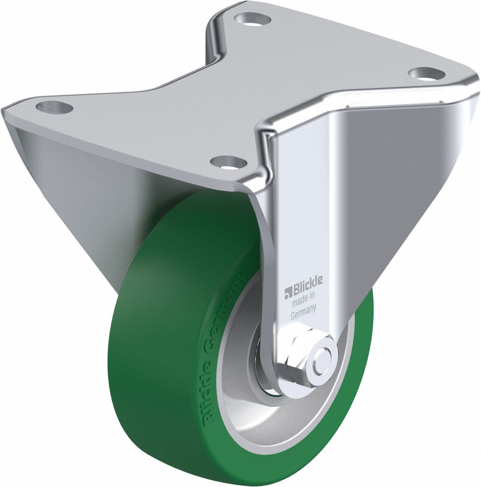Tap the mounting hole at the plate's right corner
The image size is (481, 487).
[x=426, y=73]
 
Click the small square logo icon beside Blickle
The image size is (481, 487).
[x=286, y=292]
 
